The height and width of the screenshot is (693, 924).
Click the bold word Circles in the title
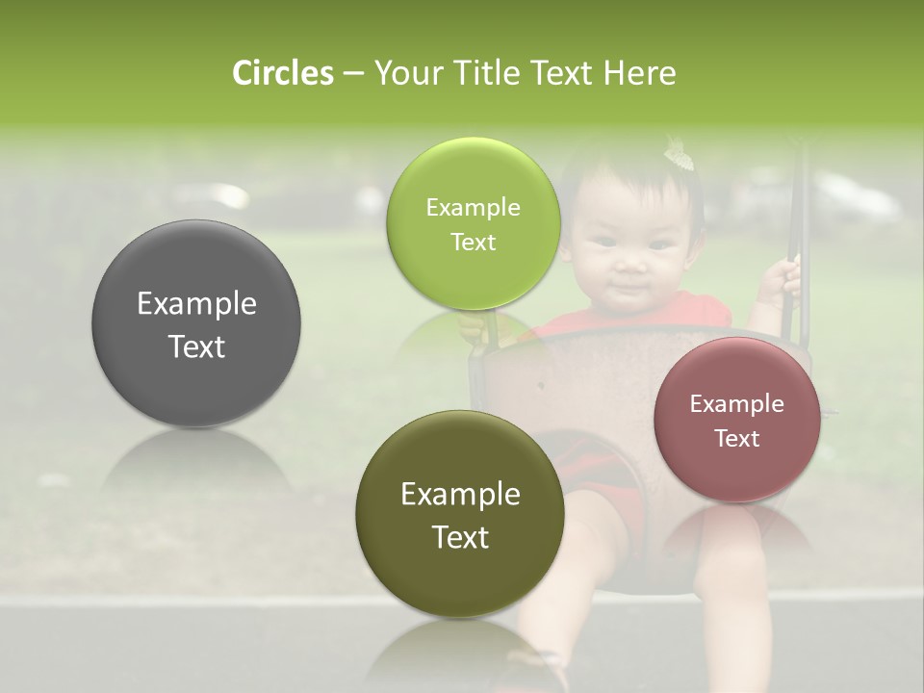[283, 73]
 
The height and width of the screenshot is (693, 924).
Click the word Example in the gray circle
[196, 304]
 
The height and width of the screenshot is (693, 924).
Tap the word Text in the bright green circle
[473, 243]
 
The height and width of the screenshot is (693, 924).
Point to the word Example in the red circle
[737, 404]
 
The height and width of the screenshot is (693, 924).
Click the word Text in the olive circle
[460, 537]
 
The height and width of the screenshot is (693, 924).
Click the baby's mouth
[627, 288]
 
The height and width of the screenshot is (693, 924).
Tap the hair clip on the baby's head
[679, 154]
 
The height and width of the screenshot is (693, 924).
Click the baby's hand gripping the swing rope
[780, 279]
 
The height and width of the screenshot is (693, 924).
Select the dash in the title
[353, 73]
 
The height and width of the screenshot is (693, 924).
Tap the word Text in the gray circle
[196, 346]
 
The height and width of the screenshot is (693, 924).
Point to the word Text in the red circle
[737, 439]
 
